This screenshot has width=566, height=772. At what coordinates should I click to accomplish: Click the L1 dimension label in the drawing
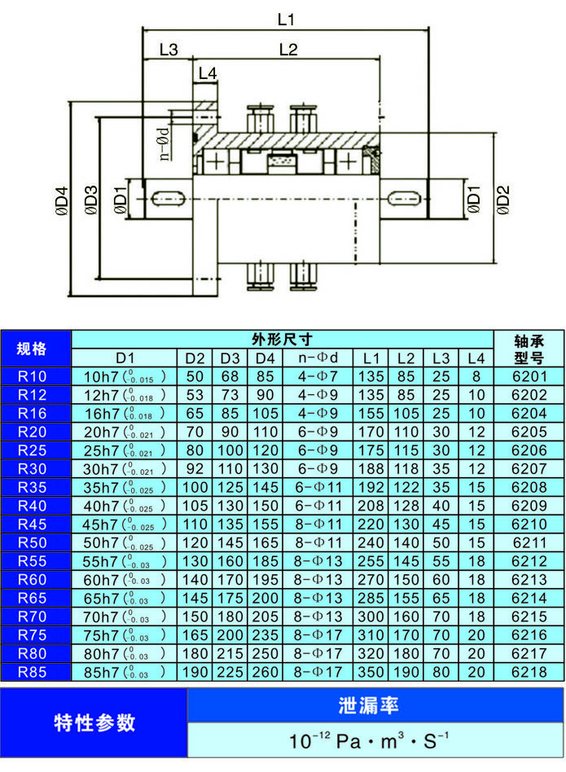(x=286, y=18)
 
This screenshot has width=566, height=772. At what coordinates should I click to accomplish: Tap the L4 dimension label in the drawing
(x=208, y=73)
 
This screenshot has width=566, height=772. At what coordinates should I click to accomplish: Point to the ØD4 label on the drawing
(x=59, y=200)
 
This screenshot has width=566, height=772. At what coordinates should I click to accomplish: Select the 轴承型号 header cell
(x=529, y=349)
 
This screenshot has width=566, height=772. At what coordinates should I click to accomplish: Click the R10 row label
(x=33, y=376)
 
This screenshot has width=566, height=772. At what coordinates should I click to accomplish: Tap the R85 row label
(x=33, y=672)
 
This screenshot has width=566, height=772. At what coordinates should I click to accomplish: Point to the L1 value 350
(x=371, y=672)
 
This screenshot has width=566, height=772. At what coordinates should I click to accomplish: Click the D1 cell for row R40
(x=124, y=506)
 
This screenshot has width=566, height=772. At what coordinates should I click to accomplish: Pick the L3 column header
(x=441, y=358)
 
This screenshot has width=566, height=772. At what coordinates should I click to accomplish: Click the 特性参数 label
(x=94, y=723)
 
